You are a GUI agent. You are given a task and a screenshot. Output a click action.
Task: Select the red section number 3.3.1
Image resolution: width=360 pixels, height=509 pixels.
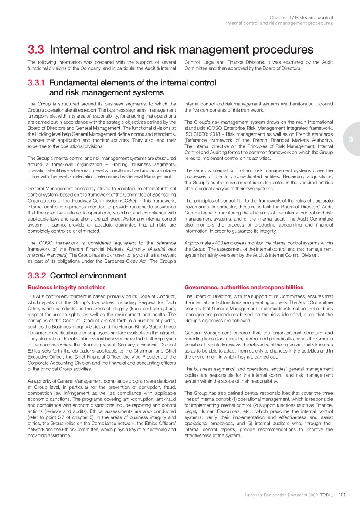37,83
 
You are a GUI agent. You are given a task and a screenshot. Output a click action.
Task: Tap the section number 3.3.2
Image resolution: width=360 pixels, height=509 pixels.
37,276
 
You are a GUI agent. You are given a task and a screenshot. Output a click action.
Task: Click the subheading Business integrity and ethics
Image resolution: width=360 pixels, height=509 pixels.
66,288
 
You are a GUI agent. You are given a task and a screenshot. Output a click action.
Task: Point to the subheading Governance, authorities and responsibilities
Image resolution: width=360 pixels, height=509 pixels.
244,288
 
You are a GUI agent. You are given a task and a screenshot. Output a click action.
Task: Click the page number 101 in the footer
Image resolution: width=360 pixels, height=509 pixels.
342,495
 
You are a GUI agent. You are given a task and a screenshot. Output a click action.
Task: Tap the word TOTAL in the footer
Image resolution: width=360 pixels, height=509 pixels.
326,495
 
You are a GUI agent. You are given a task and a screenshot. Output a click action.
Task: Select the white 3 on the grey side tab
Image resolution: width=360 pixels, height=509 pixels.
350,139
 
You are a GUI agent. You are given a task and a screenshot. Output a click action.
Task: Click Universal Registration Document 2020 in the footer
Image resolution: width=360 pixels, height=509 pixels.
280,495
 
